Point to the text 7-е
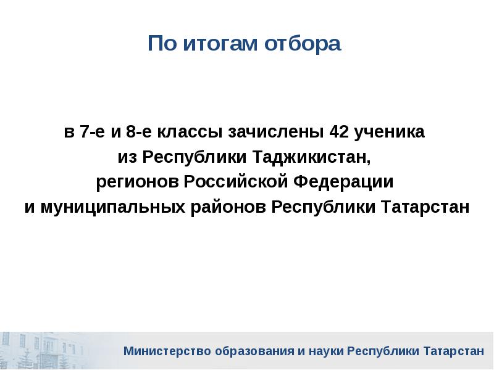(x=92, y=132)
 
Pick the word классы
(x=190, y=133)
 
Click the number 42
(x=339, y=132)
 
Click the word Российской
(x=236, y=181)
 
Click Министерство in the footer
(x=167, y=351)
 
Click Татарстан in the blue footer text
(x=454, y=351)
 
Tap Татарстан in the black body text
(x=425, y=207)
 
